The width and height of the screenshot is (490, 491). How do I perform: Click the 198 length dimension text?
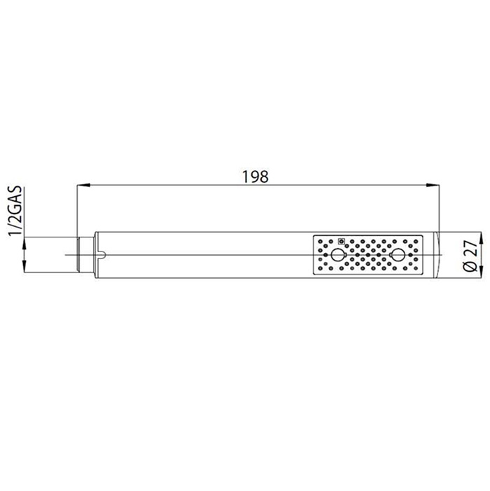[255, 177]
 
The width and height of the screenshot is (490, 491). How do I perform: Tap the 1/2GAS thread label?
[15, 210]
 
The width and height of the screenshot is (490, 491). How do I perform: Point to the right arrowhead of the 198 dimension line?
[433, 186]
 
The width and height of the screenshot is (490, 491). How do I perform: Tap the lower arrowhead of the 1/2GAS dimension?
[24, 265]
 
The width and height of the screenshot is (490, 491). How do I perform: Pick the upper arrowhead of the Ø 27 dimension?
[481, 239]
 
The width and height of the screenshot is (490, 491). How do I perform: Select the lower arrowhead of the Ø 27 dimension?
[481, 271]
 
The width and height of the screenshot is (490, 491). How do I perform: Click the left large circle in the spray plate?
[337, 255]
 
